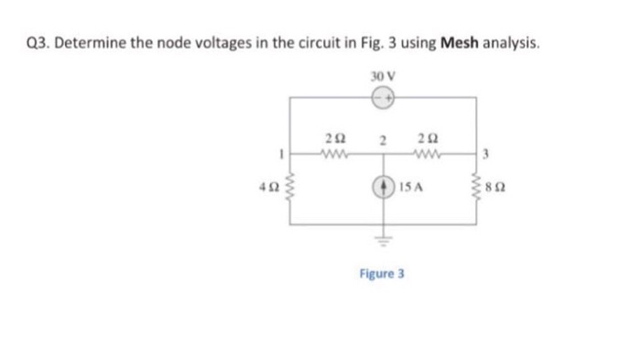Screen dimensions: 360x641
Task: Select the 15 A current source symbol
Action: pos(384,192)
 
